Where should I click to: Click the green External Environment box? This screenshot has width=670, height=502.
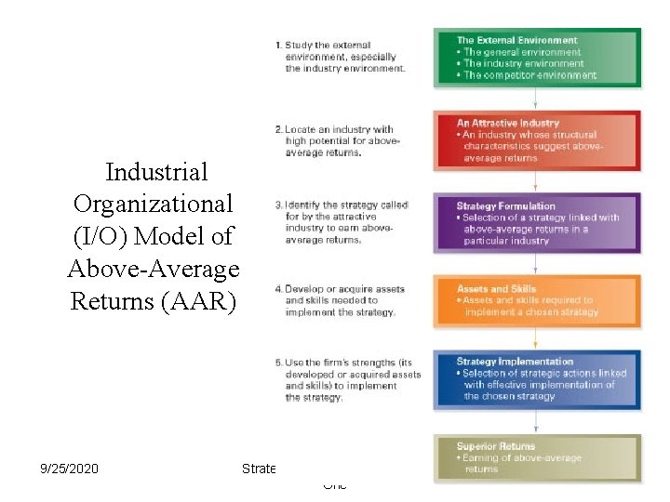537,58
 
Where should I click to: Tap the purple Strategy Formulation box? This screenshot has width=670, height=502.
537,223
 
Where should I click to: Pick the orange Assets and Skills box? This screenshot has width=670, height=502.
537,300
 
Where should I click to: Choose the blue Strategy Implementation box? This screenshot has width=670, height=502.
537,379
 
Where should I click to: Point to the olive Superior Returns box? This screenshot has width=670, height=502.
537,457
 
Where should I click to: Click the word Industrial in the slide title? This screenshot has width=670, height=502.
156,172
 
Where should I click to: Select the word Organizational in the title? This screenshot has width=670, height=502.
154,204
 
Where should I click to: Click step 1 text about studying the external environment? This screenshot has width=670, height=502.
340,56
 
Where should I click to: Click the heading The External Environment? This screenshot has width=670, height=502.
516,40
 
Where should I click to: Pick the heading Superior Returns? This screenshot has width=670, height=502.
496,446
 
